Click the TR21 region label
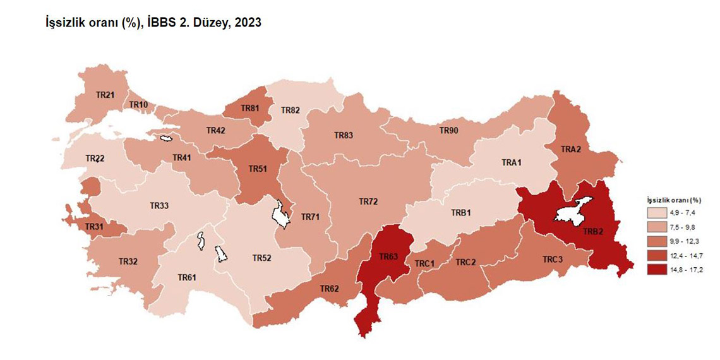(105, 95)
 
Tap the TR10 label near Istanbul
(138, 105)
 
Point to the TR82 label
(291, 111)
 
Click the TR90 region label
(448, 131)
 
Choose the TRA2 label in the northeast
(571, 149)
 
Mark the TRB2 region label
(593, 231)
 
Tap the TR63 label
(388, 257)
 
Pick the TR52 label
(261, 258)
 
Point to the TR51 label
(258, 169)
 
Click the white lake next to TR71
(280, 214)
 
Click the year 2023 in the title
(248, 23)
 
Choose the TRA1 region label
(512, 162)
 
